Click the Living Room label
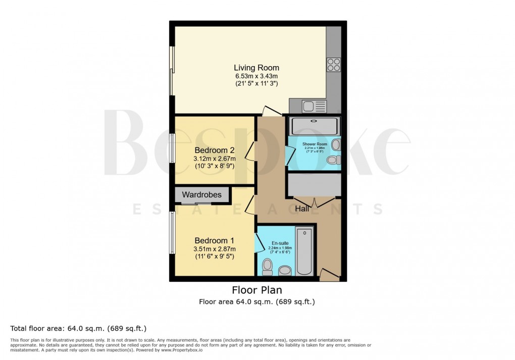(256, 68)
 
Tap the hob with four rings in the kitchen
(333, 65)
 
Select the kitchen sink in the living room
(307, 106)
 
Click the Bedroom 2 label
(215, 150)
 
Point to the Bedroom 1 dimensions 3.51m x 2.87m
(215, 249)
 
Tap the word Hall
(302, 209)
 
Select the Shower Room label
(315, 144)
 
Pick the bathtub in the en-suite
(304, 251)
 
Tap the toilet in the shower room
(333, 160)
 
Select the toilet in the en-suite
(268, 266)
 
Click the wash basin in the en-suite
(285, 271)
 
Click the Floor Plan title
(256, 290)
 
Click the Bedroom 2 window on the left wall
(172, 150)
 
